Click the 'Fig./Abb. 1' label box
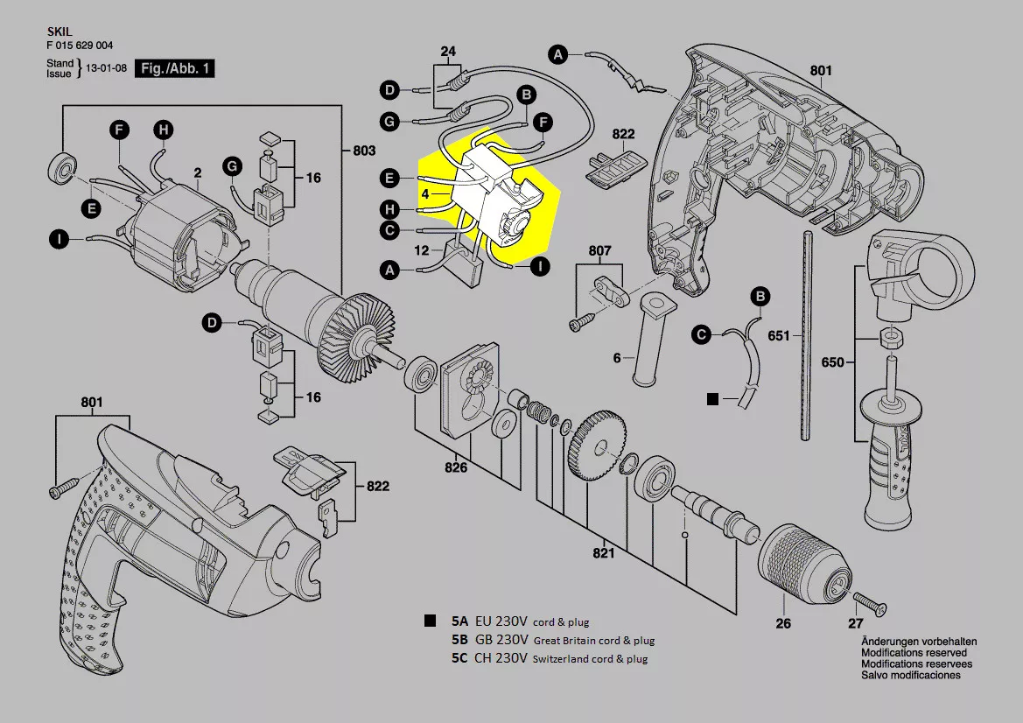coord(175,68)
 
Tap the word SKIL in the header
coord(60,32)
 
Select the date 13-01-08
coord(107,68)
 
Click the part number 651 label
coord(778,335)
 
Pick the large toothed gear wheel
coord(597,445)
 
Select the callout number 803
coord(364,151)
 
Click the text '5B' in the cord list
coord(459,640)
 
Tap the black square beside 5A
coord(430,621)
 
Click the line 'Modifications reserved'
coord(914,652)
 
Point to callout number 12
coord(422,250)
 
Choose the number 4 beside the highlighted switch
coord(425,194)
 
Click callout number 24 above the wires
coord(448,52)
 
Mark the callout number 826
coord(456,467)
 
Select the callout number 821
coord(604,553)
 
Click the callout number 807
coord(599,250)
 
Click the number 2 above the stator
coord(197,173)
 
